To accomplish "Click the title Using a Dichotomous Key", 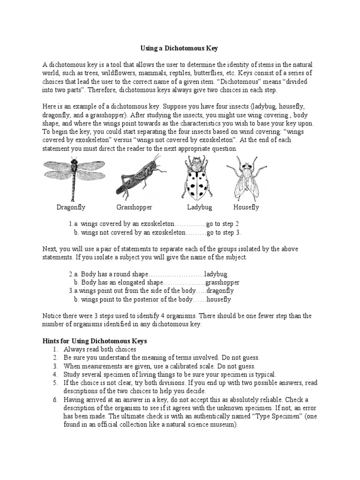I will [180, 48].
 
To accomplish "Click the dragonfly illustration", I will [74, 177].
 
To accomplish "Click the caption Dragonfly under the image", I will [71, 207].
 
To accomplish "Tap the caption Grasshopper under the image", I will [134, 207].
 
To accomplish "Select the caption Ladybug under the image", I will [200, 207].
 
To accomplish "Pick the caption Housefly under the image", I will [246, 207].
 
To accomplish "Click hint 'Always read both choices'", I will [99, 349].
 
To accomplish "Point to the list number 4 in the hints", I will [55, 375].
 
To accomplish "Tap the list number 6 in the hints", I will [55, 399].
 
